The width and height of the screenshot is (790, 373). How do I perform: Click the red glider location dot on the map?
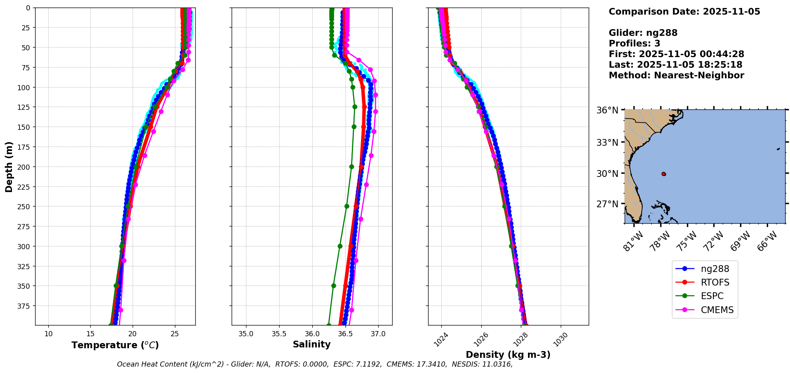663,174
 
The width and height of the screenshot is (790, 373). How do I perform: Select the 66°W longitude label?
767,241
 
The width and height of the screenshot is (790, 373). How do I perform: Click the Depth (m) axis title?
9,167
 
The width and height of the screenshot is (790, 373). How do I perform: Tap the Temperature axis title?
115,345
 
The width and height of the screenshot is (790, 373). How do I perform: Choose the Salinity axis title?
312,344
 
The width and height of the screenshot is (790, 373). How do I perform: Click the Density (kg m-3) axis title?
508,355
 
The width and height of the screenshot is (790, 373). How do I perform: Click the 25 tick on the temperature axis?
175,334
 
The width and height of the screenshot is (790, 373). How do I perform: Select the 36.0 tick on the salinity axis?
312,334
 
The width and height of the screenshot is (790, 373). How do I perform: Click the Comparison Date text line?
684,12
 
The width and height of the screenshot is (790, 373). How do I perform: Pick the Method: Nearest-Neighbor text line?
676,75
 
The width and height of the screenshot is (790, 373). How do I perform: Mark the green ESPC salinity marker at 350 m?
333,286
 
